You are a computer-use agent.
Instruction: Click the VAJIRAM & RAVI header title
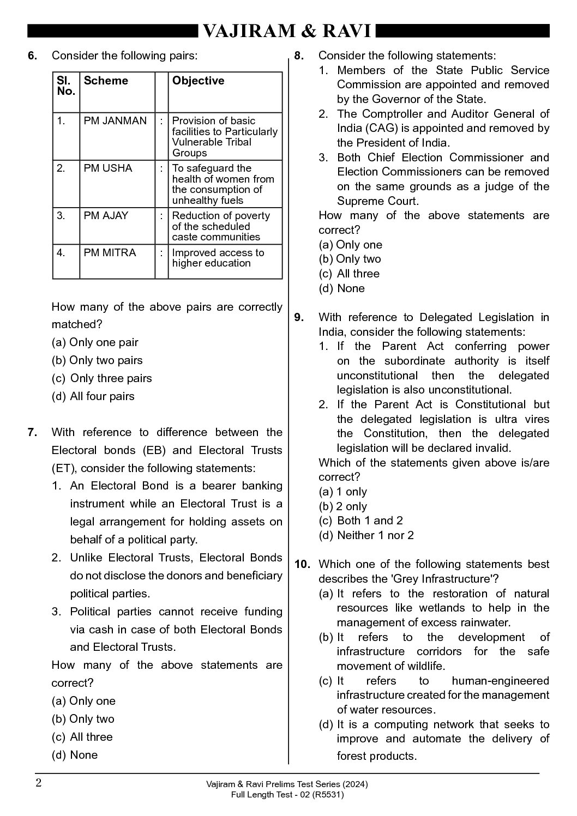287,32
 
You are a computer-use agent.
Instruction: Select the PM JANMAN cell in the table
115,121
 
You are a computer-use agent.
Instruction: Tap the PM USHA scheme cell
108,168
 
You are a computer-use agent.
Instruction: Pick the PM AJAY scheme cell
106,216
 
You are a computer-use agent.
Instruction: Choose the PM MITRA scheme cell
109,253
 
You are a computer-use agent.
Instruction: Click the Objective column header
198,81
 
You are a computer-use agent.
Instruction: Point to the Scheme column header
106,81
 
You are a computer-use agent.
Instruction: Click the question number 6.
32,56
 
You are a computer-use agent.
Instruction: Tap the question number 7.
32,433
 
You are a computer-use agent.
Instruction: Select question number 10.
302,565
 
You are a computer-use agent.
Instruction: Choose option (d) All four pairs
93,397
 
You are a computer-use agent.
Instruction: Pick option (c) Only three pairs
102,379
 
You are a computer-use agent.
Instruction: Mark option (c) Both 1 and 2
361,521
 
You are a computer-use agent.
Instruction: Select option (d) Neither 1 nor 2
366,536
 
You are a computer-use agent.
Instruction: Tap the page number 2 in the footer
39,783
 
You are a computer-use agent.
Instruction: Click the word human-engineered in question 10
500,681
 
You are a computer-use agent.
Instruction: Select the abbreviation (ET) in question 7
63,468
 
